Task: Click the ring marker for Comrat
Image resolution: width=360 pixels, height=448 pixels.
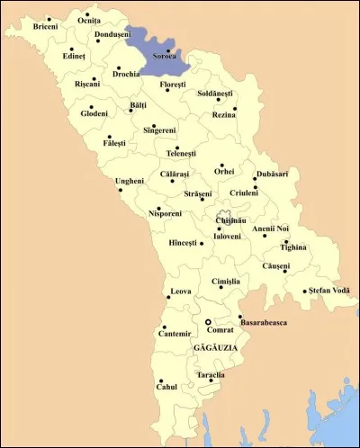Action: (208, 321)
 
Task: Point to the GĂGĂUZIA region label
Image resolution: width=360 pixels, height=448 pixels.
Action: (213, 347)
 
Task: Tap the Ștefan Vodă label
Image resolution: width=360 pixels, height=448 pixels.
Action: (328, 290)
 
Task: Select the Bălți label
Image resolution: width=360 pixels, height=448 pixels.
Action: (138, 105)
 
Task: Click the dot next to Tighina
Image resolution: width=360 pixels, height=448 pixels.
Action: (285, 241)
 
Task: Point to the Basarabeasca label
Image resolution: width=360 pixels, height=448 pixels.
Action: (264, 321)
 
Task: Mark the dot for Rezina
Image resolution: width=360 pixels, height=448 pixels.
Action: (235, 110)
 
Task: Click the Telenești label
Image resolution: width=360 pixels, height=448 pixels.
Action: (188, 154)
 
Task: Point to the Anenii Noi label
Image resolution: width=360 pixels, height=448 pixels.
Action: (270, 228)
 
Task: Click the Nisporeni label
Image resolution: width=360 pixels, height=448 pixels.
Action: (165, 214)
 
